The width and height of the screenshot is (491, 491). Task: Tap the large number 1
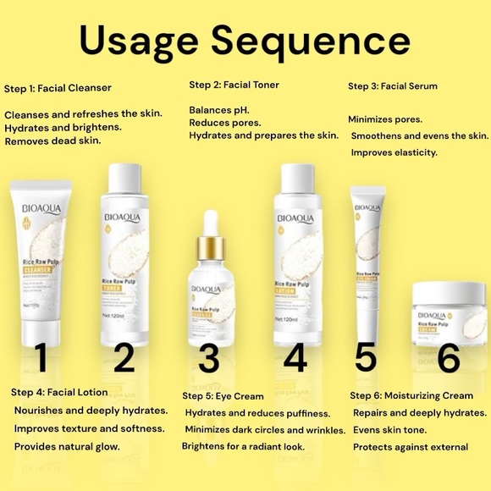(40, 359)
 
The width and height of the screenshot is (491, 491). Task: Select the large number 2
(124, 357)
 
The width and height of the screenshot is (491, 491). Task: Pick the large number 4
(295, 357)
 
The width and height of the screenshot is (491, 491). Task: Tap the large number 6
(450, 358)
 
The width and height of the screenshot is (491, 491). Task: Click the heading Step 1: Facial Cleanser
(69, 88)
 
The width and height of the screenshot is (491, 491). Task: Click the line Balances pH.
(218, 110)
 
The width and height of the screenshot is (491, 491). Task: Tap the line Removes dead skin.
(52, 141)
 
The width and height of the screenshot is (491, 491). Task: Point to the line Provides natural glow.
(71, 445)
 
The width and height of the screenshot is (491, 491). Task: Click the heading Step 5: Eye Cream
(223, 395)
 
